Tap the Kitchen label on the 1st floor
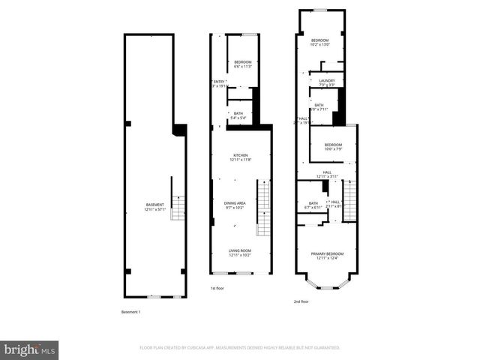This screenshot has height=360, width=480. (241, 157)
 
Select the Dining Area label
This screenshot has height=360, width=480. (241, 205)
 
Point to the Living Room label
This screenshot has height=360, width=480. (241, 253)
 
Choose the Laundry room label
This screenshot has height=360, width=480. (326, 82)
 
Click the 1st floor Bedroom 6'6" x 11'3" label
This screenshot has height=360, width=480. (241, 64)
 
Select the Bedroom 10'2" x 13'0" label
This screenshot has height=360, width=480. (321, 42)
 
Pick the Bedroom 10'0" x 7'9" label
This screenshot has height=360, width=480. (333, 147)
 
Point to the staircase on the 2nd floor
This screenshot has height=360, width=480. (349, 202)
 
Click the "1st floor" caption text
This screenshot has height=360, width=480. (217, 288)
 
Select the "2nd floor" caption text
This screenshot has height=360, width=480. (301, 301)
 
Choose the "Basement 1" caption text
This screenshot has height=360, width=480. (131, 311)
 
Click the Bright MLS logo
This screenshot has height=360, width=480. (30, 349)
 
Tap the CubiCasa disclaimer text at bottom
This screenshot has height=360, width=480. (240, 348)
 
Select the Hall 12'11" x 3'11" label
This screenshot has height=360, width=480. (327, 175)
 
